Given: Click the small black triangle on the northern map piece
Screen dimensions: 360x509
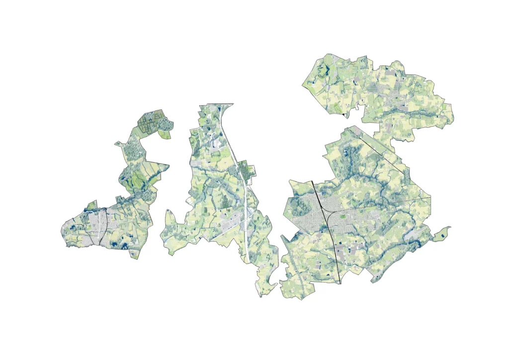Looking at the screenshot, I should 343,115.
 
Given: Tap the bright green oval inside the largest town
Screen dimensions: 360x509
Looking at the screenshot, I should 342,216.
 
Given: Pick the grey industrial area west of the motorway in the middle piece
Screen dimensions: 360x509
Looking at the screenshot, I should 228,224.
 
